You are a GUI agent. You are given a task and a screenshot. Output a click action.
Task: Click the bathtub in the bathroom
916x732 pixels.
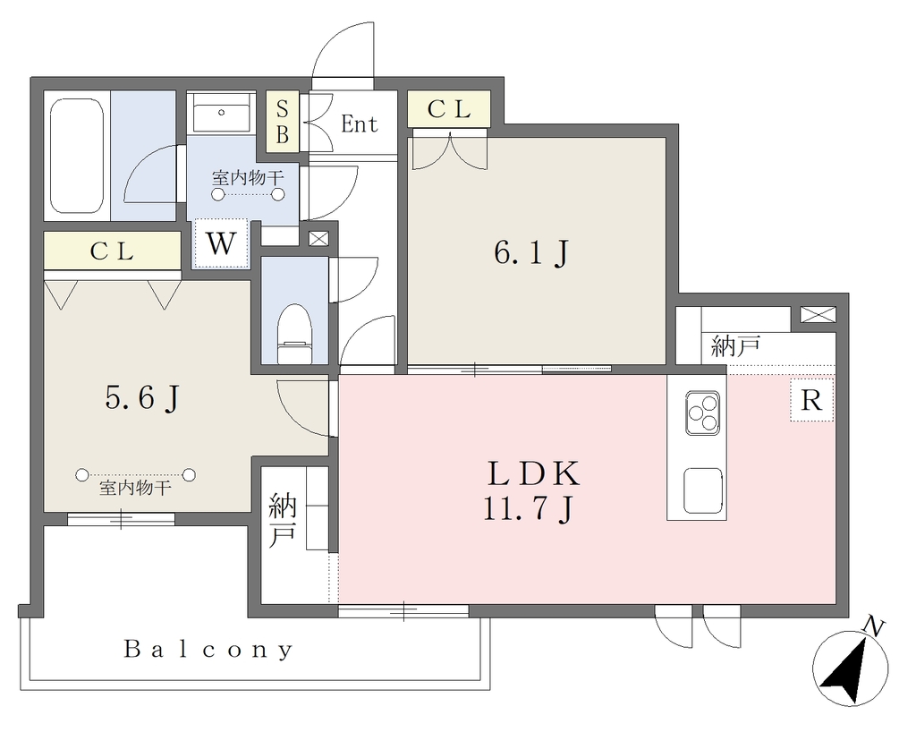[77, 156]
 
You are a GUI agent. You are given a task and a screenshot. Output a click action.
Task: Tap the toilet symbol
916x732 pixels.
[295, 334]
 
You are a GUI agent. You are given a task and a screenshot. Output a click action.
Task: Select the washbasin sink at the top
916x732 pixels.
[222, 112]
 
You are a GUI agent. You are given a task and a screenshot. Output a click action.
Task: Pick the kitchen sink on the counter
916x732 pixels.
[703, 490]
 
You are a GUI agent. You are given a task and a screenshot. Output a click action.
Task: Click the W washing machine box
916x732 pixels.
[222, 243]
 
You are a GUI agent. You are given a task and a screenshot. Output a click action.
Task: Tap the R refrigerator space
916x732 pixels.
[812, 400]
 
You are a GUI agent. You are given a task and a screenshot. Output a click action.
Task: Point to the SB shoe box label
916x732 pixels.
[282, 122]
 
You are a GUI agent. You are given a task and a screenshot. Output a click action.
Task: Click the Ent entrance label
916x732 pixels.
[360, 123]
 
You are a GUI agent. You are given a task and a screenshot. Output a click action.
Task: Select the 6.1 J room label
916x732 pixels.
[531, 253]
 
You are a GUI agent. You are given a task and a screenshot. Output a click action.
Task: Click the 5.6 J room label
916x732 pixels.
[141, 399]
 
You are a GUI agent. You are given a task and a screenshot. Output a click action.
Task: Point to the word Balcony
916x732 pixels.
[208, 650]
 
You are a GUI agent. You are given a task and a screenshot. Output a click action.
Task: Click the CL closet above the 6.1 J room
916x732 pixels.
[449, 108]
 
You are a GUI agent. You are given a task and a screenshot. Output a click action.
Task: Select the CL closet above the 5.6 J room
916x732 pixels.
[112, 251]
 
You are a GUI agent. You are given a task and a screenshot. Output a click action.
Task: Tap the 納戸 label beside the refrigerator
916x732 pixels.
[735, 345]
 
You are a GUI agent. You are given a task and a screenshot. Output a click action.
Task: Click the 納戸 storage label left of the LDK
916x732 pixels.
[282, 521]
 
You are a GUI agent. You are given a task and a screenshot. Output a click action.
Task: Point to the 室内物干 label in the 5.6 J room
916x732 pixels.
[136, 488]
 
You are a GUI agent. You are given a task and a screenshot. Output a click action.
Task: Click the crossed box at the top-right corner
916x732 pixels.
[818, 314]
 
